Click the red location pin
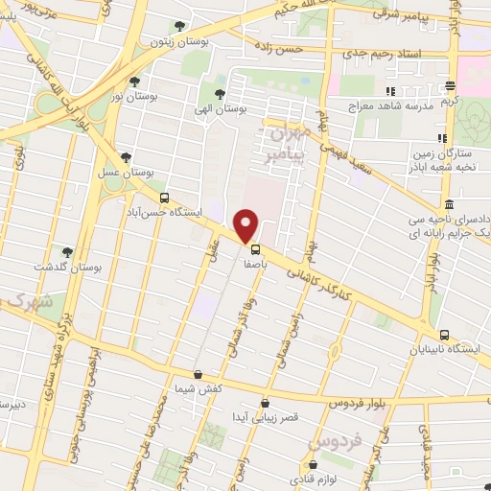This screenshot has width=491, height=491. (x=246, y=225)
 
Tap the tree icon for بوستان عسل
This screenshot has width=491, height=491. (x=126, y=158)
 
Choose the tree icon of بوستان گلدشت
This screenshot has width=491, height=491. (x=66, y=253)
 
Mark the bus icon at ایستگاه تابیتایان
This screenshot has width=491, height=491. (x=444, y=335)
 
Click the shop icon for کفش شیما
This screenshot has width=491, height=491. (x=198, y=374)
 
